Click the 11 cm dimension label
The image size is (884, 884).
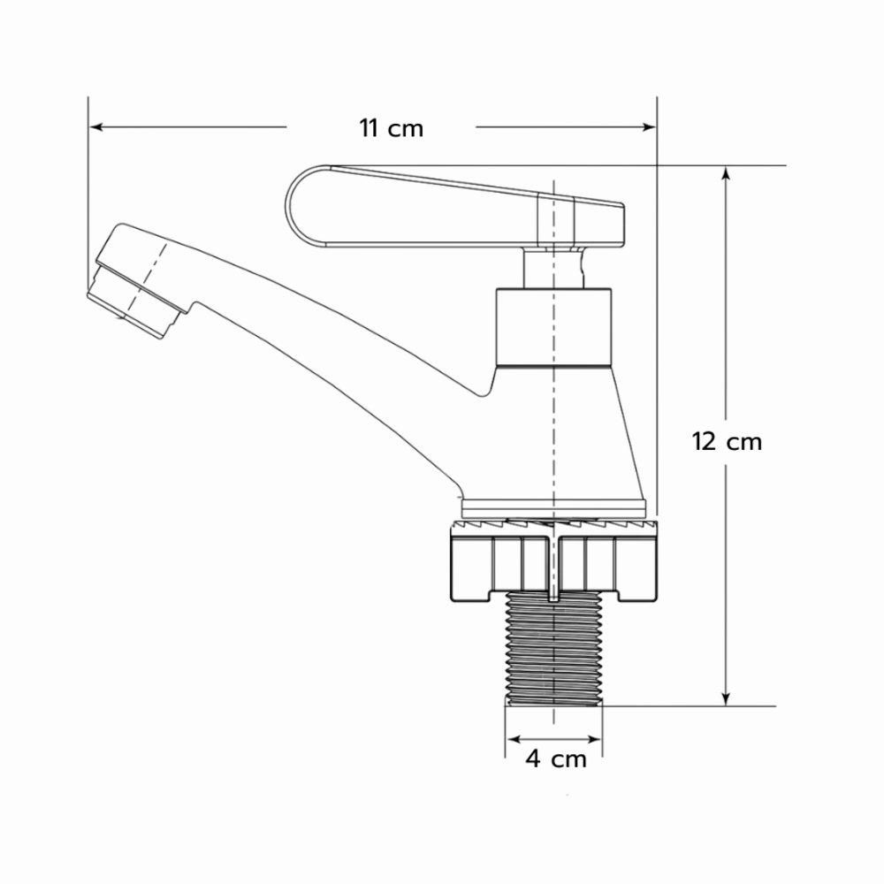coord(392,128)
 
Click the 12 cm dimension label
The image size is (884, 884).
coord(727,441)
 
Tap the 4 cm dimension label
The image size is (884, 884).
coord(556,758)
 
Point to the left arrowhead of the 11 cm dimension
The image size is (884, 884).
coord(95,126)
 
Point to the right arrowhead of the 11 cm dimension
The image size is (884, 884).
coord(650,126)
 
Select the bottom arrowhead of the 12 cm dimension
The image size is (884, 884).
coord(726,698)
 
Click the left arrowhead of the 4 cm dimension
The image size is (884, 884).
coord(514,739)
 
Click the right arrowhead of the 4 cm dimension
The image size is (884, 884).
coord(595,739)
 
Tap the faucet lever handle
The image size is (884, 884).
coord(454,207)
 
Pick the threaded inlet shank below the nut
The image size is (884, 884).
coord(554,648)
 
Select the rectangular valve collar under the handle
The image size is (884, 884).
coord(553,327)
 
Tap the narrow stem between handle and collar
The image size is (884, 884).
coord(552,268)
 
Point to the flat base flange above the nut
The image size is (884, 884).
coord(553,508)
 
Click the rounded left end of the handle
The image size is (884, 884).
coord(299,206)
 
